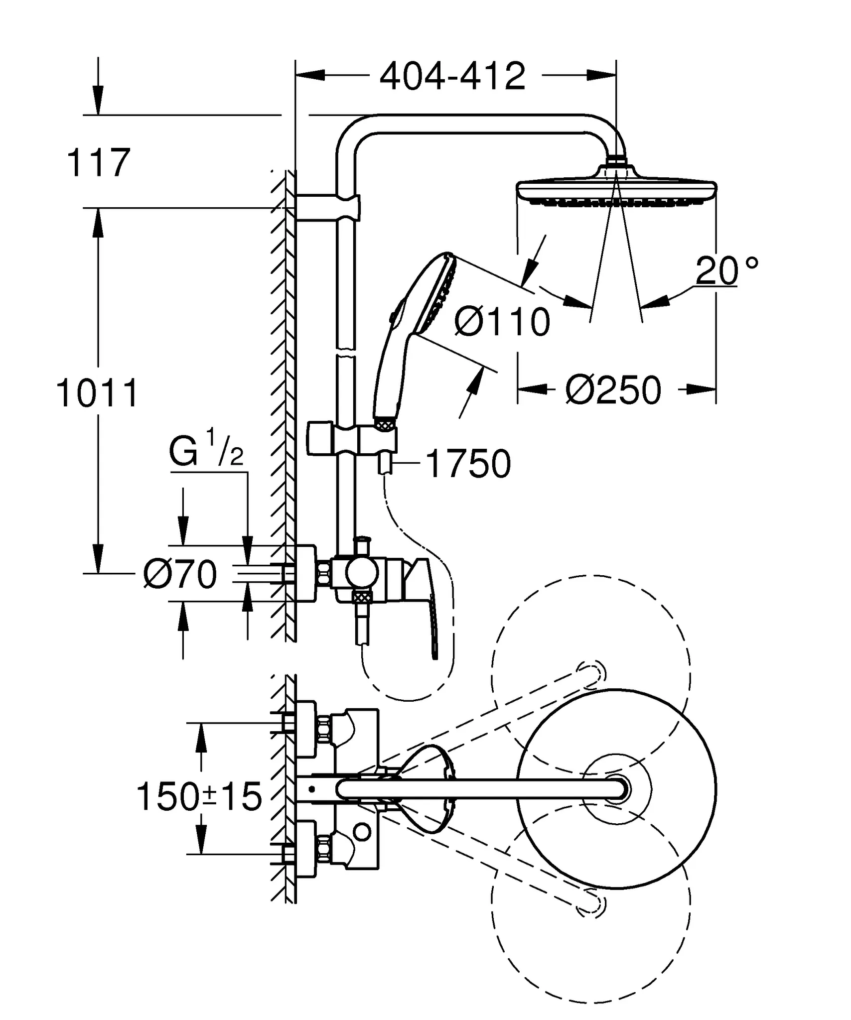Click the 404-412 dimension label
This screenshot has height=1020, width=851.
tap(452, 76)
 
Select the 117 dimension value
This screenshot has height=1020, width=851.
tap(98, 162)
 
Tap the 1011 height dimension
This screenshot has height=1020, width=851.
tap(97, 393)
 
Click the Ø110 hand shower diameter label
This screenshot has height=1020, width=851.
tap(502, 322)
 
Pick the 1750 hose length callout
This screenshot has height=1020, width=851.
tap(469, 464)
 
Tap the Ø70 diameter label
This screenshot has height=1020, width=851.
tap(179, 574)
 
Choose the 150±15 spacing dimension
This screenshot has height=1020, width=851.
tap(199, 796)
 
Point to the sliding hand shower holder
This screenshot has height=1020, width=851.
tap(352, 439)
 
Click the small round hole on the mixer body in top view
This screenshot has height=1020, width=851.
tap(362, 832)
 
